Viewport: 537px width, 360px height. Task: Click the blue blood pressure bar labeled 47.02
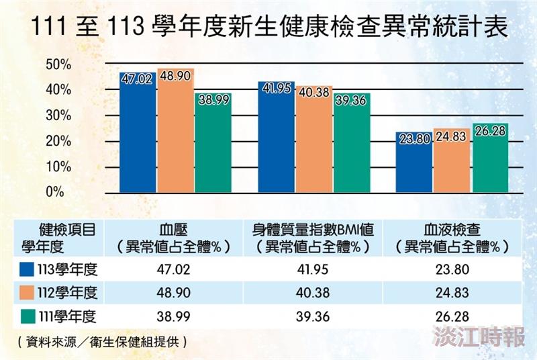pyautogui.click(x=138, y=134)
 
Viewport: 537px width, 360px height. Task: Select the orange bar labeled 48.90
pyautogui.click(x=176, y=131)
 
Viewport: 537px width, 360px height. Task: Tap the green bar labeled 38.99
pyautogui.click(x=213, y=144)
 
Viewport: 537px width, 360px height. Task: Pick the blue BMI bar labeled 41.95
pyautogui.click(x=276, y=140)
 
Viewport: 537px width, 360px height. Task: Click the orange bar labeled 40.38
pyautogui.click(x=314, y=141)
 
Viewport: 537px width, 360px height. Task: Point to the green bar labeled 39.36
pyautogui.click(x=352, y=142)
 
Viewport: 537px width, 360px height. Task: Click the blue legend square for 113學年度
pyautogui.click(x=28, y=270)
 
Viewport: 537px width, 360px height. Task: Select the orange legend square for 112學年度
pyautogui.click(x=28, y=293)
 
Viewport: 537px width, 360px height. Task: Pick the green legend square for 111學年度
pyautogui.click(x=28, y=316)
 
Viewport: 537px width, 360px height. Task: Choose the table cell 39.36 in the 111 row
pyautogui.click(x=311, y=316)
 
